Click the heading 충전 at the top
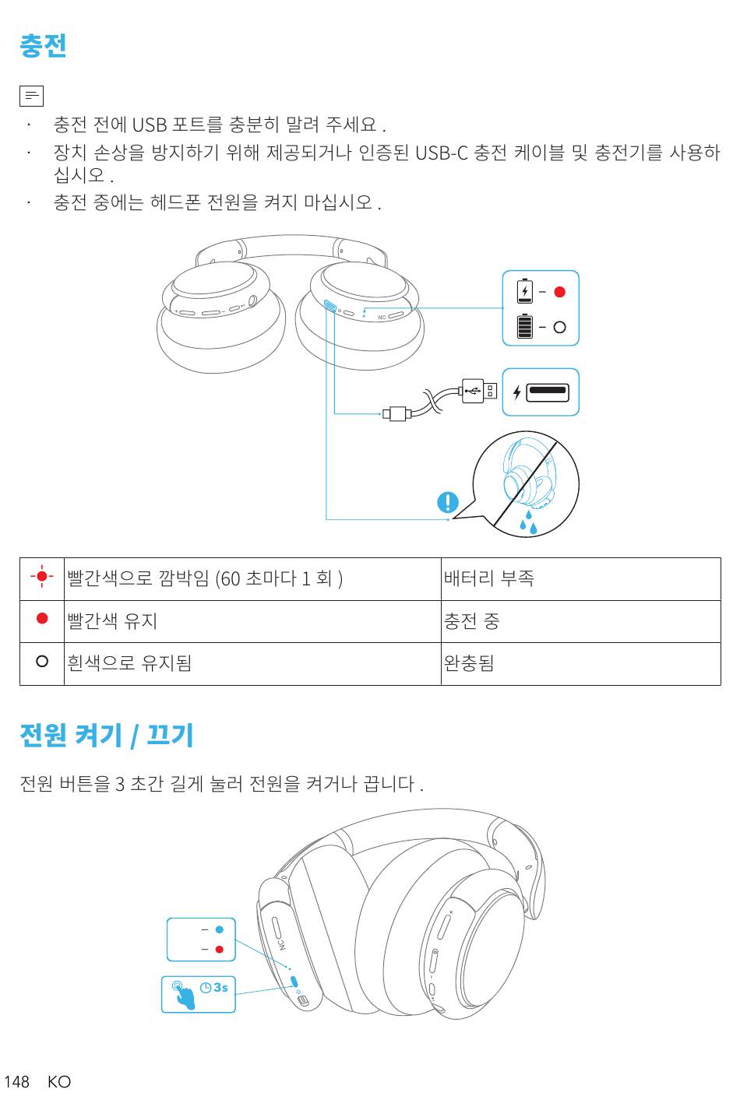(x=43, y=46)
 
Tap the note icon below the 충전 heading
(x=31, y=96)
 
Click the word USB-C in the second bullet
(x=441, y=153)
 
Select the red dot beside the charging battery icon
(x=559, y=292)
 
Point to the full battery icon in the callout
(x=525, y=326)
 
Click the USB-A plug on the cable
(x=477, y=390)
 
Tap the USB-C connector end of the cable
(x=397, y=413)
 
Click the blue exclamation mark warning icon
(x=448, y=502)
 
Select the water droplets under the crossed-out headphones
(x=528, y=524)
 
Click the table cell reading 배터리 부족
(x=489, y=578)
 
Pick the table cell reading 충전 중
(x=471, y=621)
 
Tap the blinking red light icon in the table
(x=42, y=577)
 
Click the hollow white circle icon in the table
(x=42, y=661)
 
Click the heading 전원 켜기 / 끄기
(x=107, y=735)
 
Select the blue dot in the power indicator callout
(x=220, y=929)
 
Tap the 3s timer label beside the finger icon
(x=215, y=987)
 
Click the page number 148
(x=16, y=1081)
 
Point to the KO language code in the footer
(x=59, y=1081)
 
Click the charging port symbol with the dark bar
(x=548, y=392)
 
